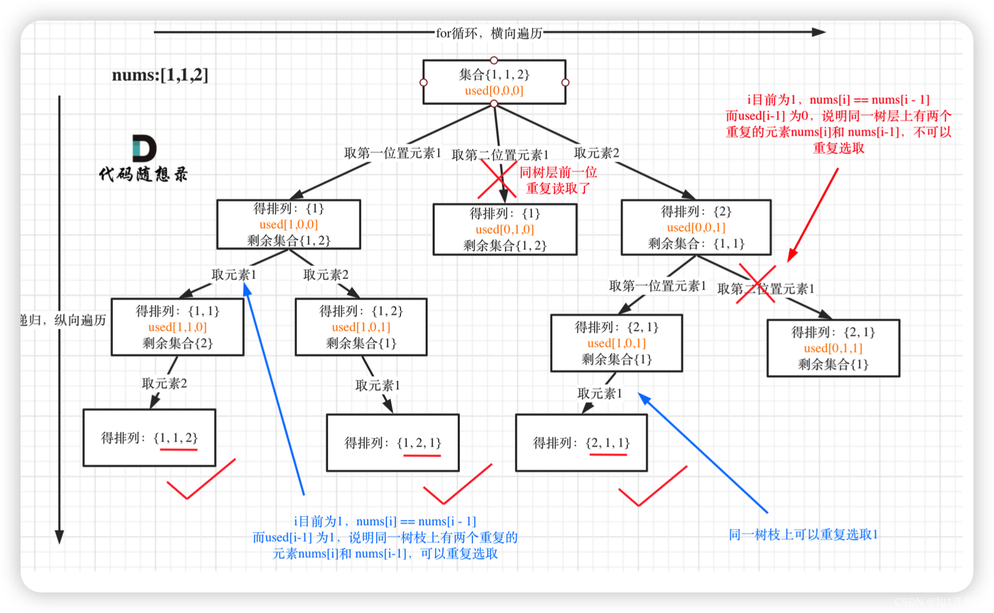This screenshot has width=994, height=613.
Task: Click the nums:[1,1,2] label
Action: [160, 75]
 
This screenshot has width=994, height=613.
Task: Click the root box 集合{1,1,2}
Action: [494, 82]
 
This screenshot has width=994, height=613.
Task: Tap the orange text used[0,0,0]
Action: [494, 91]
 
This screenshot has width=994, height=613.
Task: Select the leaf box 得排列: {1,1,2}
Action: [149, 438]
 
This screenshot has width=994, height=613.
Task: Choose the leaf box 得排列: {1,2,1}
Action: [393, 443]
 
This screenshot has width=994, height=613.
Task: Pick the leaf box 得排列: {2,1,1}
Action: [581, 443]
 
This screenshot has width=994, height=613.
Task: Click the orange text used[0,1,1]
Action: [833, 348]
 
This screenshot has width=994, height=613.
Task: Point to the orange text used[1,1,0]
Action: [177, 327]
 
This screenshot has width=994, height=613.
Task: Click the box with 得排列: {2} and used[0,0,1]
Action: [696, 227]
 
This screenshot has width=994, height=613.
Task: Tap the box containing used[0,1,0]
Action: [505, 229]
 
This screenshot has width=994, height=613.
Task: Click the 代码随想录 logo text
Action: [143, 174]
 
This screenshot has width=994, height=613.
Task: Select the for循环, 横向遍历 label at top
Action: [489, 33]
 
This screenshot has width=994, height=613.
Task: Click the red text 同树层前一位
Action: [558, 172]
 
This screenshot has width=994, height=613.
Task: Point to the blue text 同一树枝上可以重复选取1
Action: [803, 534]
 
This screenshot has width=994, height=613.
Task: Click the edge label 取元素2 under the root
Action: [596, 153]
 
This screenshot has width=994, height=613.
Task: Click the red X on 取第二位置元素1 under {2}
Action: [756, 284]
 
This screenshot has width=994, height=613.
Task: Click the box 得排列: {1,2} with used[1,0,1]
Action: [361, 327]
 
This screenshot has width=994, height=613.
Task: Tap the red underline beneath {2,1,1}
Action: [608, 455]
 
